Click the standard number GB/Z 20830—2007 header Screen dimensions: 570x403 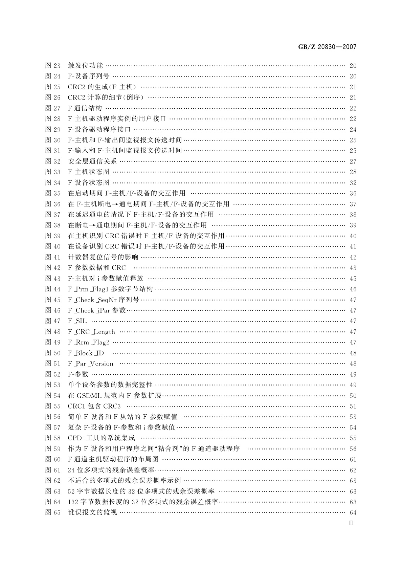tap(327, 47)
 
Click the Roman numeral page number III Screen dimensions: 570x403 tap(351, 523)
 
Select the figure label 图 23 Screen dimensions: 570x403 tap(53, 66)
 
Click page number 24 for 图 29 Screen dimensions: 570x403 tap(353, 130)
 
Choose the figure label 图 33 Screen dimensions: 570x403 tap(53, 172)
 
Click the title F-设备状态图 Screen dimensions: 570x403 tap(89, 183)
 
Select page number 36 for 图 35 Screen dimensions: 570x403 tap(353, 193)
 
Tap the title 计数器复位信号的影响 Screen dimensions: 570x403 tap(103, 257)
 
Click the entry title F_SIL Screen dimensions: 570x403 tap(77, 321)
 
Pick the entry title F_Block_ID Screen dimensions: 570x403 tap(86, 353)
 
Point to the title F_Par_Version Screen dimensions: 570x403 tap(91, 364)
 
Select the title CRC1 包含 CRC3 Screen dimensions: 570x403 tap(94, 406)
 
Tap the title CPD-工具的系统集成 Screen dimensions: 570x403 tap(102, 438)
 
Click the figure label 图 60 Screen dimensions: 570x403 tap(53, 459)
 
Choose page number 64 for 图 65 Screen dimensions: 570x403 tap(353, 512)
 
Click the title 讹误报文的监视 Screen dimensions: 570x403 tap(92, 512)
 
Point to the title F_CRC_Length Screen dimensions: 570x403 tap(91, 332)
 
